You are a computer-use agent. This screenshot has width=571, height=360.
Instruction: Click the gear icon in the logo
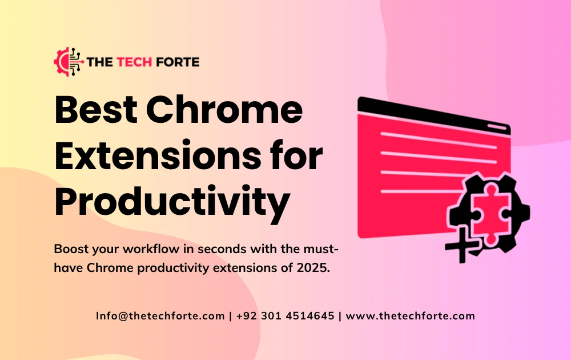(x=67, y=61)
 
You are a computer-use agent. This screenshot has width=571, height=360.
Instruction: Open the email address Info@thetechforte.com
(x=160, y=316)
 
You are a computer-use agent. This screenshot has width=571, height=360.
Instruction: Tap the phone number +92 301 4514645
(x=285, y=316)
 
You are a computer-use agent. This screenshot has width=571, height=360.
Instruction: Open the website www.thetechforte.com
(x=411, y=316)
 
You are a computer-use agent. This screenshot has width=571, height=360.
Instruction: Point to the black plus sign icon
(x=461, y=249)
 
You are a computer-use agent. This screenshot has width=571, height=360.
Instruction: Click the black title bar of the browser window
(x=423, y=111)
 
